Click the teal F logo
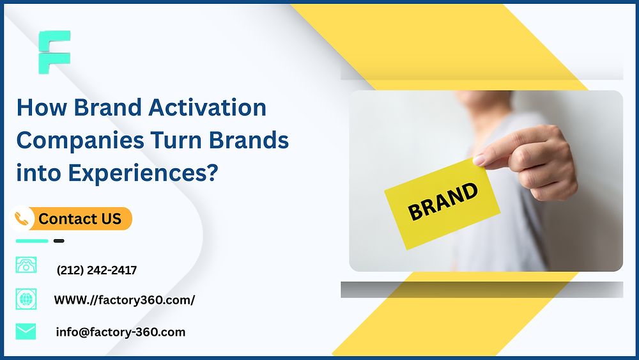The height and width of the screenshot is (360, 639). click(x=54, y=51)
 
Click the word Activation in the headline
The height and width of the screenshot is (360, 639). click(x=207, y=107)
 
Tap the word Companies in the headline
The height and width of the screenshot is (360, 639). click(x=80, y=140)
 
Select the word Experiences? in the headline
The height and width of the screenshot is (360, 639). click(x=138, y=173)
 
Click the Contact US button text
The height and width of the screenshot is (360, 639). click(x=80, y=219)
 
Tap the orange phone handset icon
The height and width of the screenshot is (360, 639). click(x=24, y=219)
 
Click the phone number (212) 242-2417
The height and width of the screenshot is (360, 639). click(x=96, y=270)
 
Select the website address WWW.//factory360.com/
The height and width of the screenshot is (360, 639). click(x=124, y=300)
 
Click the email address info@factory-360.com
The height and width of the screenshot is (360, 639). click(x=120, y=332)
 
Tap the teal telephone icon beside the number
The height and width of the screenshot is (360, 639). click(x=26, y=265)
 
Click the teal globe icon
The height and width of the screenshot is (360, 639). click(x=26, y=299)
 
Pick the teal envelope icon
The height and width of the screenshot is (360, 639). click(x=26, y=331)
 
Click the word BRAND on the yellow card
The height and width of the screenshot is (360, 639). click(x=442, y=202)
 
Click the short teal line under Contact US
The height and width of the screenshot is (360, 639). click(x=32, y=241)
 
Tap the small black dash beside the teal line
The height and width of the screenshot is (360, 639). click(x=59, y=241)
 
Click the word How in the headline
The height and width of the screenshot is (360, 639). click(x=42, y=107)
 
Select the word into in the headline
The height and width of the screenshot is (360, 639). click(x=35, y=173)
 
